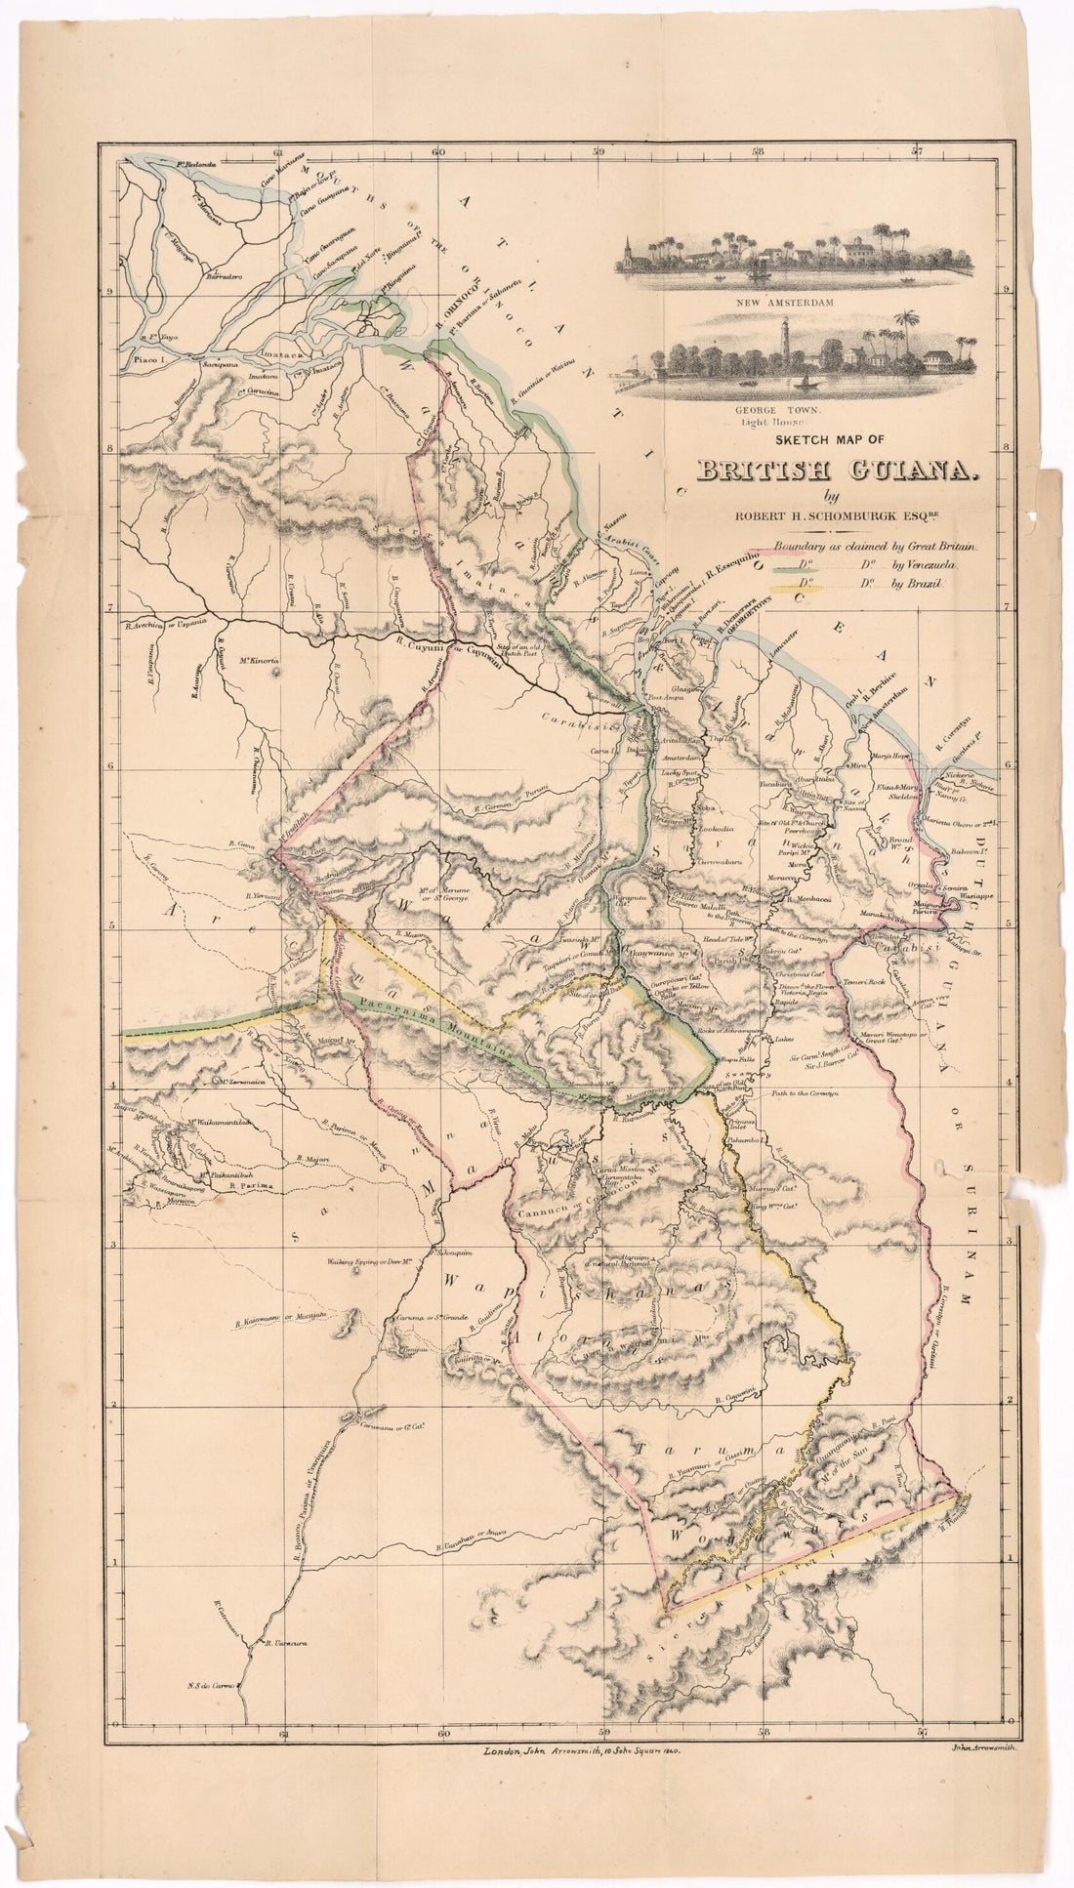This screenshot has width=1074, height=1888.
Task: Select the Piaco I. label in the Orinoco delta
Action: coord(141,360)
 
